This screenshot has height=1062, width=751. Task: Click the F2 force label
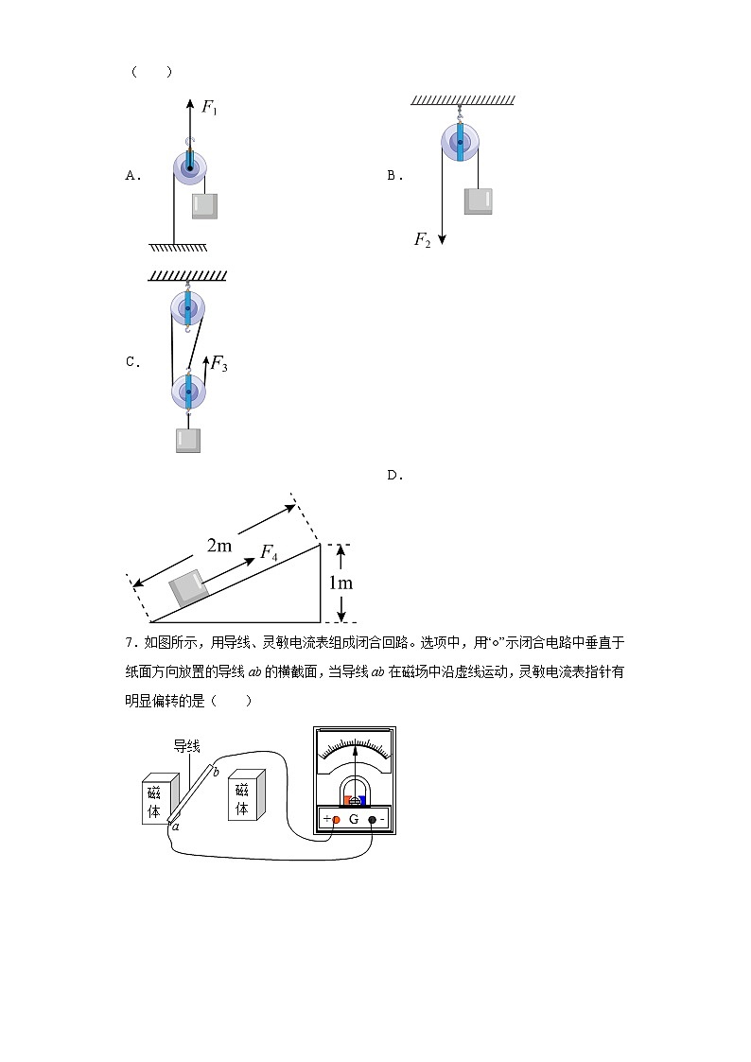tap(422, 240)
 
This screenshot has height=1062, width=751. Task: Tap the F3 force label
tap(218, 363)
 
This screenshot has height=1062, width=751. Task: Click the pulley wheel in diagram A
tap(191, 169)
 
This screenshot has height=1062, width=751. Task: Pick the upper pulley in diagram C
tap(188, 308)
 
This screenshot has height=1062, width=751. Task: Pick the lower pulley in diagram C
tap(188, 391)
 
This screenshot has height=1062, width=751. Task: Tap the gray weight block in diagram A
tap(204, 206)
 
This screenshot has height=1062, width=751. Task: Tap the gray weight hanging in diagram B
tap(478, 201)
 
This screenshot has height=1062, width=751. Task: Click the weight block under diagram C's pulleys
tap(188, 441)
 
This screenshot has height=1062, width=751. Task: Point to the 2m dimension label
tap(219, 546)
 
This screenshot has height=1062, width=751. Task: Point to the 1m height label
tap(341, 583)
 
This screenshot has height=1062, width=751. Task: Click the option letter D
tap(395, 476)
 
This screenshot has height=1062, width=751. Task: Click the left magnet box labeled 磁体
tap(155, 800)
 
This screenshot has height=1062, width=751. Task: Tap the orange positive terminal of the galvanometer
tap(336, 819)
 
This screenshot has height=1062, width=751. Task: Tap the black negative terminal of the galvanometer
tap(372, 819)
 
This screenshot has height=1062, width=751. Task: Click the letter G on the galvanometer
tap(354, 819)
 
